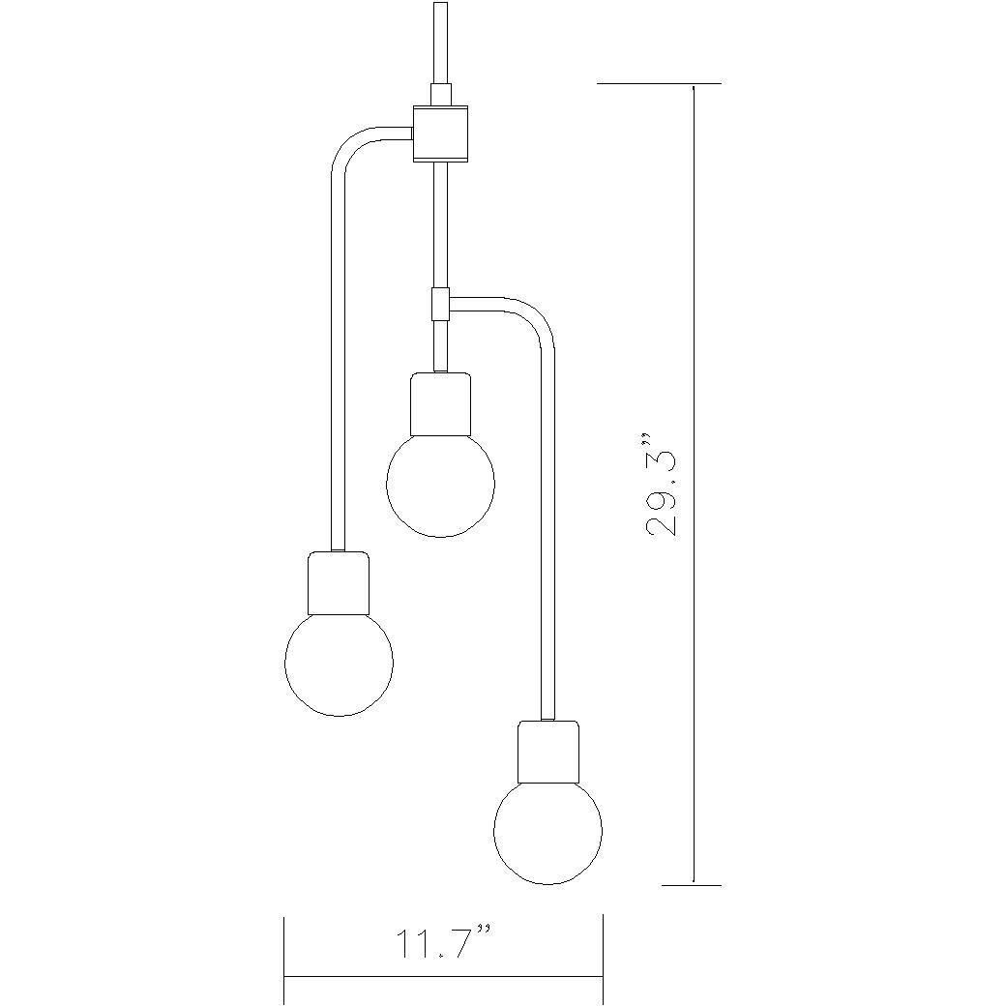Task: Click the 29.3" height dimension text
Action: (x=664, y=491)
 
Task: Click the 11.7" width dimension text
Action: (x=443, y=943)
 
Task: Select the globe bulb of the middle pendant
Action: (x=440, y=484)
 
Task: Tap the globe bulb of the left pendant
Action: (x=340, y=663)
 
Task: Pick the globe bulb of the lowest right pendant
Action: (x=547, y=831)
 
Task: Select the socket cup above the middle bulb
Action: (x=440, y=404)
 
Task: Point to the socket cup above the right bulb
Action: (x=548, y=752)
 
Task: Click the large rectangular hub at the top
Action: (x=440, y=133)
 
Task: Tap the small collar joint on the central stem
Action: (x=440, y=304)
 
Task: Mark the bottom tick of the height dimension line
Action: (x=692, y=884)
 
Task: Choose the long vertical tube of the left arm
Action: (x=337, y=368)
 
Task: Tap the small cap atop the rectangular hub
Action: (x=440, y=95)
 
